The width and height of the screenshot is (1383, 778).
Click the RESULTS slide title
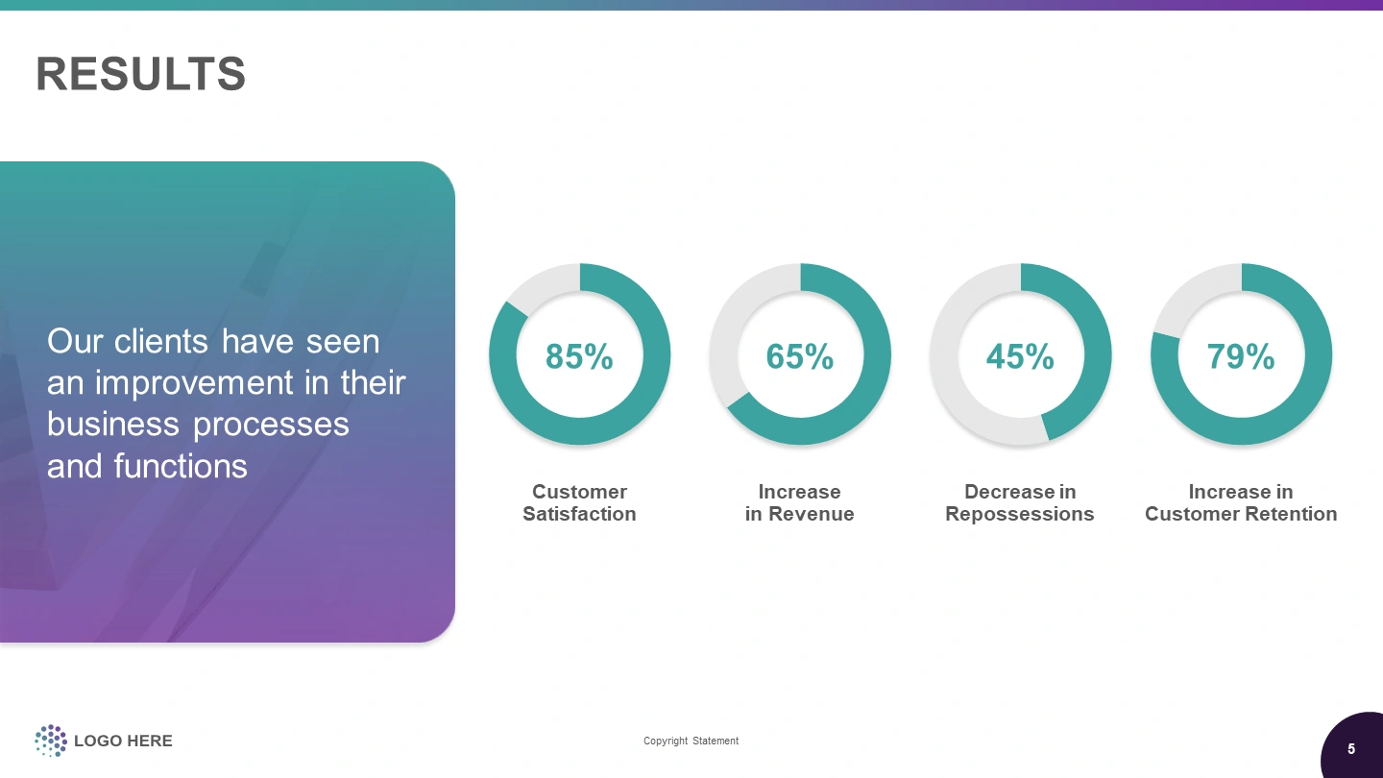[141, 74]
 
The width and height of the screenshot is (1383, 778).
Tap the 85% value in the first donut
[579, 356]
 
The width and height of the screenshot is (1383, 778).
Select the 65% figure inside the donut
[799, 356]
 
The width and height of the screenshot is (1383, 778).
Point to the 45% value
[1020, 356]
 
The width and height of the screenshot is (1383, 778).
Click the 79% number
[1241, 356]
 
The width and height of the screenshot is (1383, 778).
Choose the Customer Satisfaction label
[579, 502]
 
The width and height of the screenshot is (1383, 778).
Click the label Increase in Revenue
[799, 502]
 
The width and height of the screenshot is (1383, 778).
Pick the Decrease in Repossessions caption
[1020, 502]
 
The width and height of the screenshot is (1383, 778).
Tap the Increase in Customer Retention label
[1241, 502]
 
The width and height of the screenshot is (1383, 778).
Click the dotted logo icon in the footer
[51, 741]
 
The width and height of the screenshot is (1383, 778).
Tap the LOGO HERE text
[123, 741]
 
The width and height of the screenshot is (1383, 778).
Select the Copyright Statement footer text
[691, 741]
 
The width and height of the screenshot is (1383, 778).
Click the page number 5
[1351, 749]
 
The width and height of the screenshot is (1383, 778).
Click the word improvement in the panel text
[194, 383]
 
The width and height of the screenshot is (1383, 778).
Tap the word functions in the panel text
[181, 466]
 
